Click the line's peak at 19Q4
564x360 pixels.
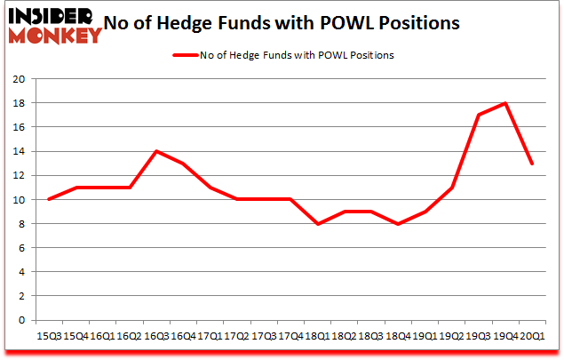point(505,103)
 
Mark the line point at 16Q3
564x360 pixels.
point(156,151)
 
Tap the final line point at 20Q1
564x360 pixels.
point(532,164)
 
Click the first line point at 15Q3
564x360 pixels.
point(48,199)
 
